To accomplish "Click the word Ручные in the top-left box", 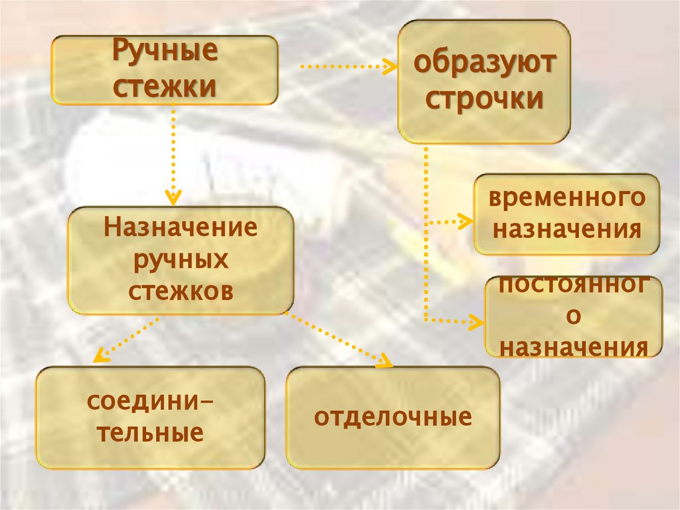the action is pos(165,53).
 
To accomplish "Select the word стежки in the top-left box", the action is pos(165,86).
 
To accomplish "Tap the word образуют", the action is pos(484,66).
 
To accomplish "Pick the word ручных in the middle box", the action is pos(181,260).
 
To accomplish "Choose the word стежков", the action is pos(181,291).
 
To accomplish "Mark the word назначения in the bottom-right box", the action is pos(574,346).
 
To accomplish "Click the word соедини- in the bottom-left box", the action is pos(150,403).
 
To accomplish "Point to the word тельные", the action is pos(150,434).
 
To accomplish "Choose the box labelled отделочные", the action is pos(392,418).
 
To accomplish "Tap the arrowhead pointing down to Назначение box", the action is pos(173,197).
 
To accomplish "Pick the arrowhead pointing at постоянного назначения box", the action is pos(477,321).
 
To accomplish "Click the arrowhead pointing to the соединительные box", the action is pos(99,357).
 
